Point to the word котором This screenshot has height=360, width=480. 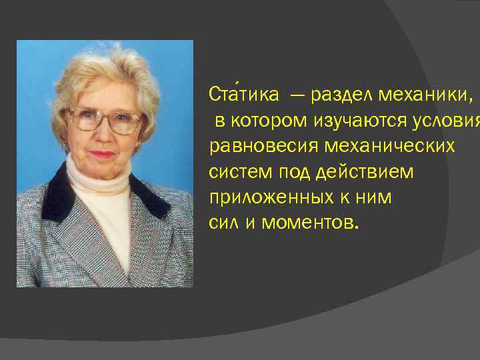click(x=265, y=121)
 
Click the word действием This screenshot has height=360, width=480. click(x=366, y=172)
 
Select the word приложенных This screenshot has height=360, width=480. click(x=272, y=198)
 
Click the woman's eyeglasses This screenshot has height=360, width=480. click(x=105, y=120)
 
